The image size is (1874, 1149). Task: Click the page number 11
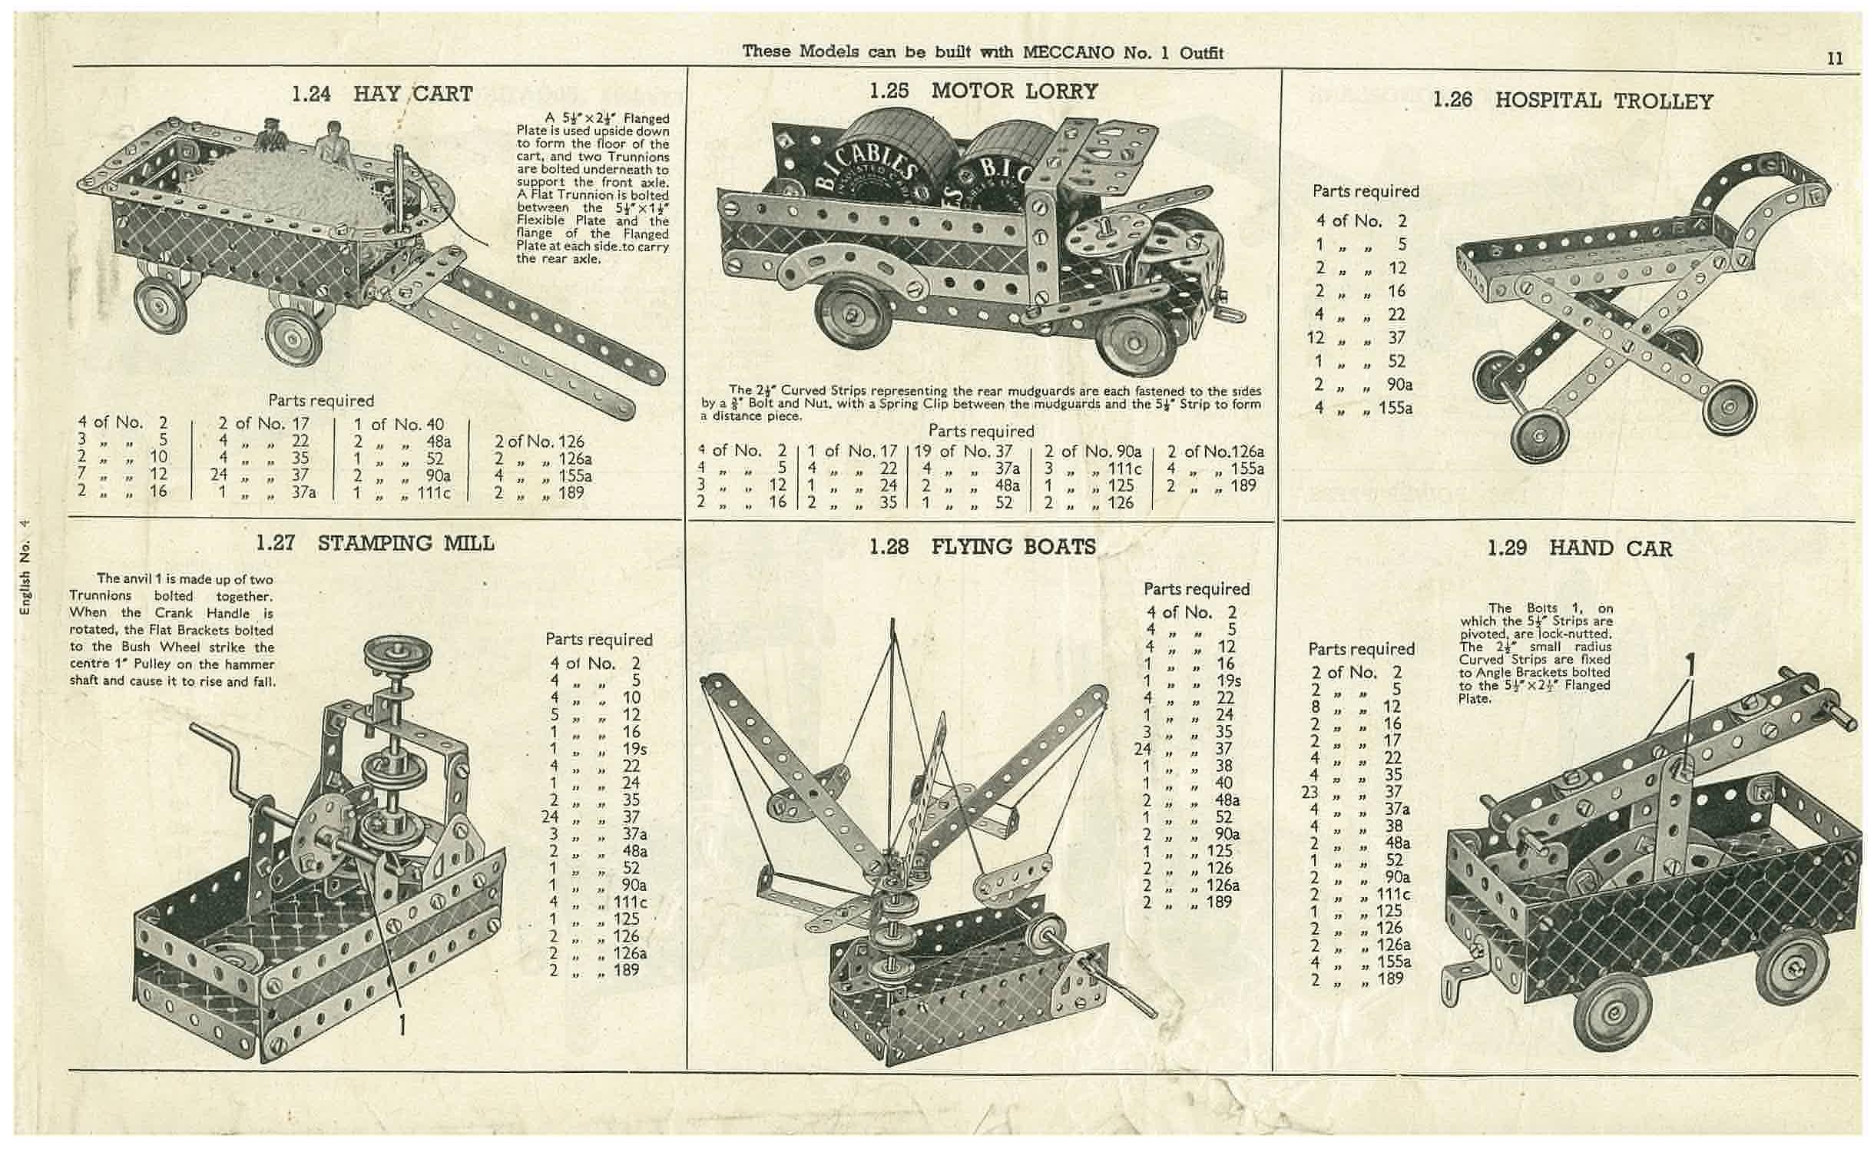click(1835, 58)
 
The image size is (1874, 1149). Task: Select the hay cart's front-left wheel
click(161, 302)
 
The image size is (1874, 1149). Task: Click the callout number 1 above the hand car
click(1689, 661)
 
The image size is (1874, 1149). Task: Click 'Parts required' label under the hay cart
click(321, 400)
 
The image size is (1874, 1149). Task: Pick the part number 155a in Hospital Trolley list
click(1395, 408)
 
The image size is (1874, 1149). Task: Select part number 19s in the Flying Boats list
click(1227, 680)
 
